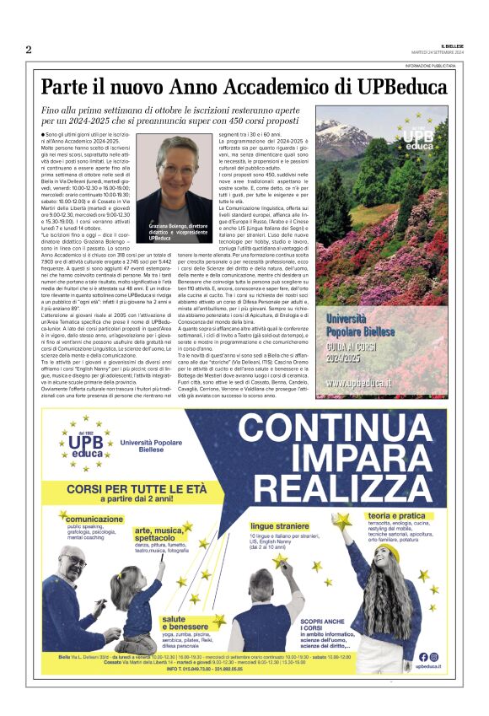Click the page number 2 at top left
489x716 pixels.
pos(28,49)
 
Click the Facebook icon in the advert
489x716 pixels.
pos(422,657)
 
